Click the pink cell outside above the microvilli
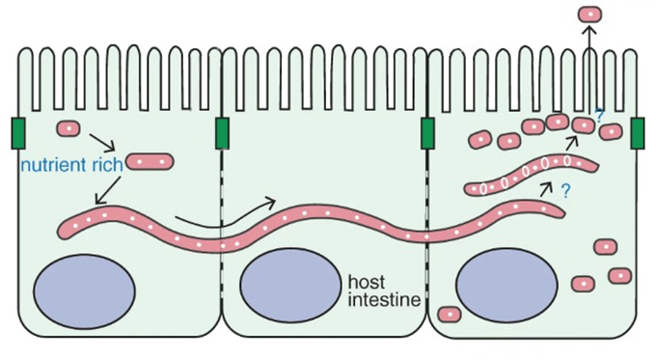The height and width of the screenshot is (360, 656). point(589,14)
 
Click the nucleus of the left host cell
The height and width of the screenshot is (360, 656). point(85,291)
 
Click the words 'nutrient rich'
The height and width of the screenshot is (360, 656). point(72,165)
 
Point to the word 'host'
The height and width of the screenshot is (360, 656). point(367,282)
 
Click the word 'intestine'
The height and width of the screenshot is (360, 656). point(384,300)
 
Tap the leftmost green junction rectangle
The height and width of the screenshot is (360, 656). point(18,133)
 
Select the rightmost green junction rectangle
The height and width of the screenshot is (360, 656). point(638,133)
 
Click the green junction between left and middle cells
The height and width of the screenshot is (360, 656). point(222,133)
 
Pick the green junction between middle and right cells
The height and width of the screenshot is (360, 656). point(427,133)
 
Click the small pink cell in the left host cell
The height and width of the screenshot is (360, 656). point(68,128)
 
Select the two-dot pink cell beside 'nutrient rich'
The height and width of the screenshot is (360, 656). point(150,161)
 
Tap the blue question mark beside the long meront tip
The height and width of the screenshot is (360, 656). point(565,191)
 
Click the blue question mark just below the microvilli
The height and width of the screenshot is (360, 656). point(599,116)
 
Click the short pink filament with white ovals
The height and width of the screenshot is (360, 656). point(532,174)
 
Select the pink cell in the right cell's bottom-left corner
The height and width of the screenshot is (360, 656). point(450,314)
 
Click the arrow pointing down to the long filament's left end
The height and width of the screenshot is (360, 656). point(108,190)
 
